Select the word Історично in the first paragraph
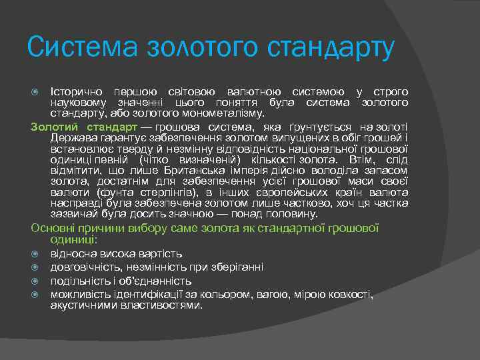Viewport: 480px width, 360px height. [x=72, y=91]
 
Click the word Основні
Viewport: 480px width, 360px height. [x=51, y=228]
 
